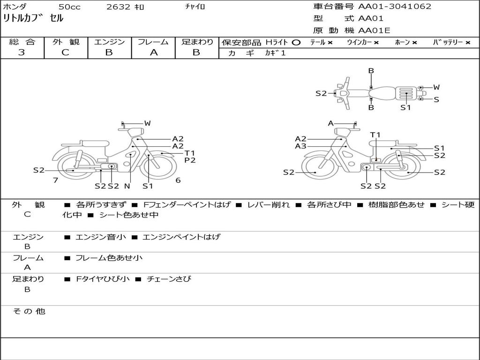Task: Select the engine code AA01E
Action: pyautogui.click(x=374, y=31)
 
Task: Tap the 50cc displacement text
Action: pyautogui.click(x=69, y=7)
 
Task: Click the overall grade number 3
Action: pyautogui.click(x=22, y=52)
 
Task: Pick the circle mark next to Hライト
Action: pyautogui.click(x=296, y=43)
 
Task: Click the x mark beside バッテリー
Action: pyautogui.click(x=468, y=43)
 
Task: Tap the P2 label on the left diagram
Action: pyautogui.click(x=190, y=160)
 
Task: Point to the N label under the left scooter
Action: pyautogui.click(x=127, y=186)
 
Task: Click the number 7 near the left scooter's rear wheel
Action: pyautogui.click(x=55, y=180)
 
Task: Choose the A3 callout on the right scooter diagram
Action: pyautogui.click(x=300, y=146)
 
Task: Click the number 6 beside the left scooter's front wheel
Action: pyautogui.click(x=178, y=180)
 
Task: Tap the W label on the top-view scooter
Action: pyautogui.click(x=436, y=87)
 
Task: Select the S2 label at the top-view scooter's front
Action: pyautogui.click(x=321, y=93)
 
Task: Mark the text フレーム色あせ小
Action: pyautogui.click(x=109, y=258)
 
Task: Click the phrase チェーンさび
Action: pyautogui.click(x=169, y=279)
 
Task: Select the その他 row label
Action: pyautogui.click(x=28, y=311)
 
